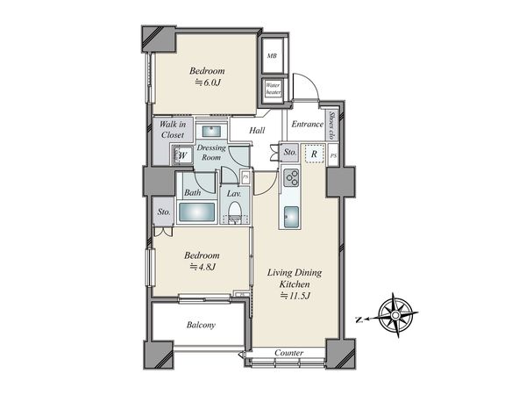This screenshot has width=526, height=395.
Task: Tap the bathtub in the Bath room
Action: pyautogui.click(x=196, y=212)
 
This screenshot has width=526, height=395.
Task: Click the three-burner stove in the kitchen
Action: pyautogui.click(x=291, y=177)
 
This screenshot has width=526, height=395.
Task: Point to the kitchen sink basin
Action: pyautogui.click(x=291, y=217)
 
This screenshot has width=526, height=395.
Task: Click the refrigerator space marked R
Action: pyautogui.click(x=315, y=154)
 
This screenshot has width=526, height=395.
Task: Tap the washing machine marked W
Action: pyautogui.click(x=182, y=155)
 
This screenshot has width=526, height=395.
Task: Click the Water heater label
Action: pyautogui.click(x=273, y=89)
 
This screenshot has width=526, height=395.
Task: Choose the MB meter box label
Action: pyautogui.click(x=272, y=56)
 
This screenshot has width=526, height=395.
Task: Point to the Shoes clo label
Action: pyautogui.click(x=332, y=126)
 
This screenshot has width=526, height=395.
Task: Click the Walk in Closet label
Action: pyautogui.click(x=173, y=129)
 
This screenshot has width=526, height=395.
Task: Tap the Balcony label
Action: pyautogui.click(x=201, y=325)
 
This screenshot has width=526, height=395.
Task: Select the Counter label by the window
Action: pyautogui.click(x=288, y=353)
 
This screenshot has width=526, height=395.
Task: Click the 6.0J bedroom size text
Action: pyautogui.click(x=208, y=83)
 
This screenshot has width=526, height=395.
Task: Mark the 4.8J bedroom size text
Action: pyautogui.click(x=203, y=267)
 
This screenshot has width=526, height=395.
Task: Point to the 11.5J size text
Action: pyautogui.click(x=295, y=296)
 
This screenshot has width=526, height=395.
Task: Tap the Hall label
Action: pyautogui.click(x=257, y=130)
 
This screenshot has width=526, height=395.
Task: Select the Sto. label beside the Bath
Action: pyautogui.click(x=164, y=212)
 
